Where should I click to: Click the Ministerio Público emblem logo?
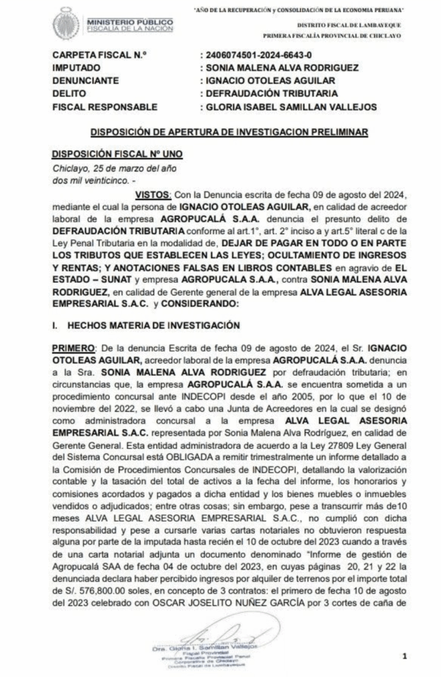tap(67, 24)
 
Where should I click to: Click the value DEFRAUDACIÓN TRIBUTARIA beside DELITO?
tap(272, 93)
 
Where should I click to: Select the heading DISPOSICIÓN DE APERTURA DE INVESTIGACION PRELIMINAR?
tap(220, 132)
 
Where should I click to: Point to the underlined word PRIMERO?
tap(73, 348)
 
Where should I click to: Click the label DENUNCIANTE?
tap(85, 81)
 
